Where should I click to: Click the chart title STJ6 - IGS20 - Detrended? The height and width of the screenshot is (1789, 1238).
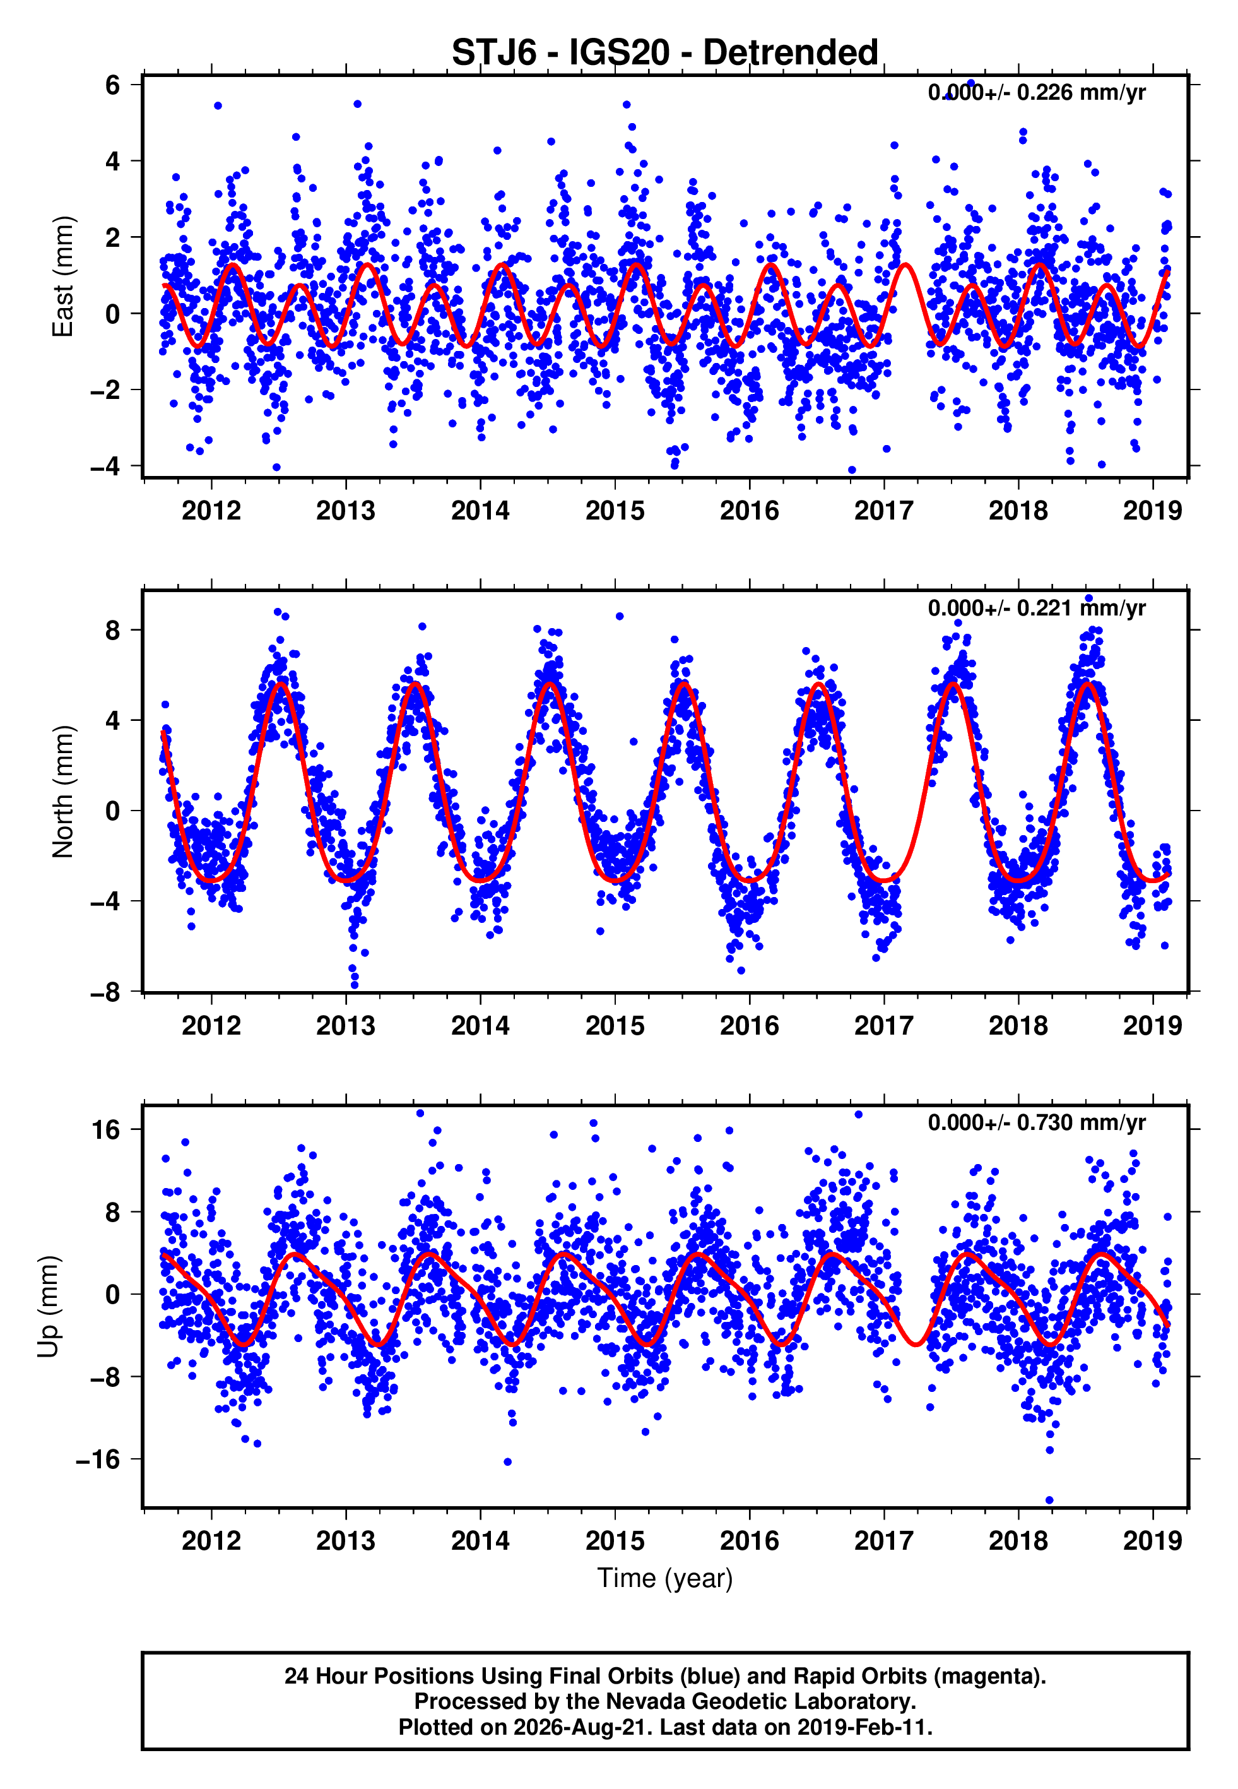tap(665, 53)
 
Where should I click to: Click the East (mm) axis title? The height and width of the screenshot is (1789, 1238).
tap(62, 276)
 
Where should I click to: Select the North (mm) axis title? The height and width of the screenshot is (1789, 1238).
tap(62, 792)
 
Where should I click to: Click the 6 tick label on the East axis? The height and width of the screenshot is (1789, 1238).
tap(112, 85)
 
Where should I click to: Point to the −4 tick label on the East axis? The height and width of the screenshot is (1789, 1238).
tap(105, 467)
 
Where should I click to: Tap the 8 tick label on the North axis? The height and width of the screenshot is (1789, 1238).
tap(112, 630)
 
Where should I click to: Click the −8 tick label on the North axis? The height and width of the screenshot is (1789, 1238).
tap(105, 992)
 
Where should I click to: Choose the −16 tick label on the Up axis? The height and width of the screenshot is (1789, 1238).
tap(98, 1460)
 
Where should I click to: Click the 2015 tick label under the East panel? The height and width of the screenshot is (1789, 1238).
tap(615, 511)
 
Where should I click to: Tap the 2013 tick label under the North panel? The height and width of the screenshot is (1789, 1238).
tap(346, 1026)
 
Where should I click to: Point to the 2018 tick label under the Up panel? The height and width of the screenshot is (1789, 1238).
tap(1018, 1541)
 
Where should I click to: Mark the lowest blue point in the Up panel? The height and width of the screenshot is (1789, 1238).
tap(1049, 1501)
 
